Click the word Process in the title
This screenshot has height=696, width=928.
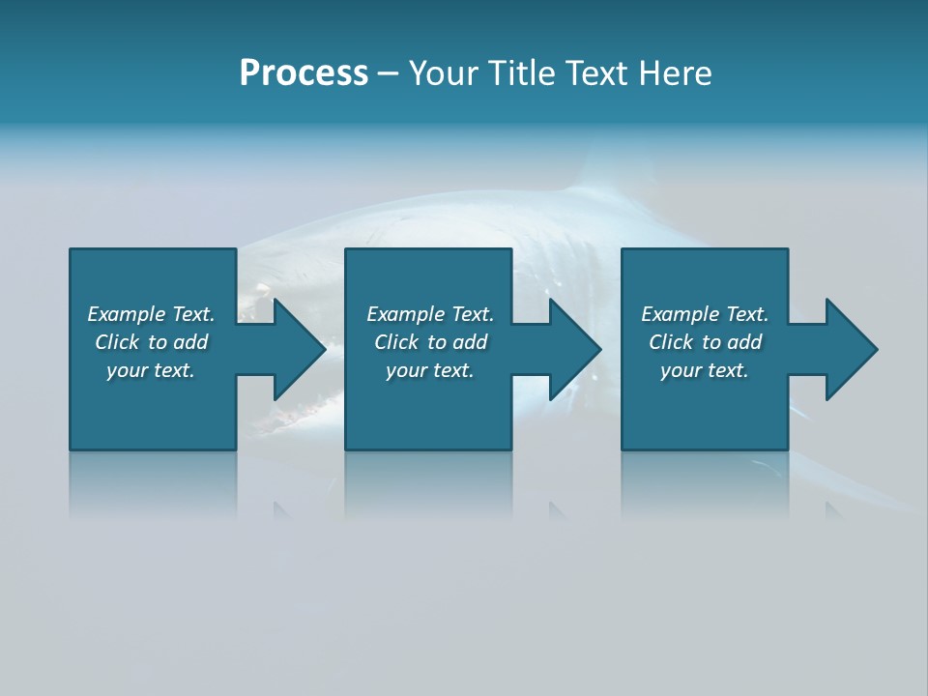[304, 73]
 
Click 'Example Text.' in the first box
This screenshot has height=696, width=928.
[151, 314]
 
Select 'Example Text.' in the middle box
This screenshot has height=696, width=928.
[430, 314]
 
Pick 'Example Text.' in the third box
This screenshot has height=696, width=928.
[705, 314]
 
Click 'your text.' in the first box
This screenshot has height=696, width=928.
[151, 370]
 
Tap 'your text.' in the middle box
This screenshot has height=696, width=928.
[430, 370]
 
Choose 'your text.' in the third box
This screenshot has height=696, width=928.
[705, 370]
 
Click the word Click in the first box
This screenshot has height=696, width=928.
[118, 342]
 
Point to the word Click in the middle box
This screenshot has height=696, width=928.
[397, 342]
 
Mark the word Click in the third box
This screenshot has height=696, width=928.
[672, 342]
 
